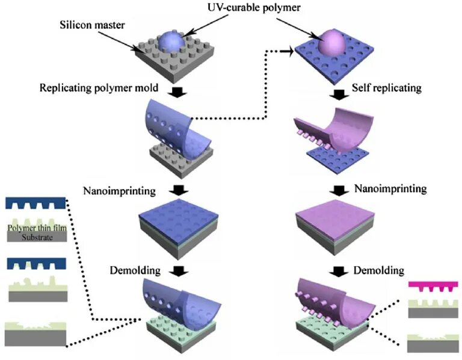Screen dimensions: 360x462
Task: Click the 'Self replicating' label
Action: tap(387, 88)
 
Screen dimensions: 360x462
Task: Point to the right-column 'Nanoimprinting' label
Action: tap(391, 189)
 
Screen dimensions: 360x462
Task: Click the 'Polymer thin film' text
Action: tap(35, 228)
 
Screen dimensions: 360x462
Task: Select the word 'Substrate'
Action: tap(35, 237)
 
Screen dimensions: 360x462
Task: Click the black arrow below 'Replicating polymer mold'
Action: tap(179, 92)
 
